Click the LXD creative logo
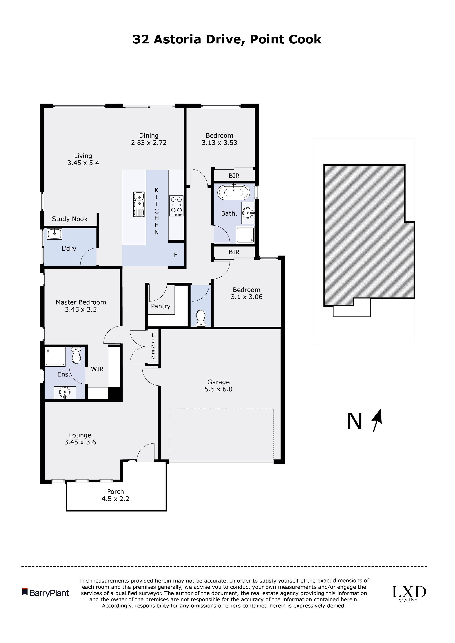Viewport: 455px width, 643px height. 409,593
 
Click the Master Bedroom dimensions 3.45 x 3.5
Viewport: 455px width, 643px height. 81,309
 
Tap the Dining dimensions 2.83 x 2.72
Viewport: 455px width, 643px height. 149,143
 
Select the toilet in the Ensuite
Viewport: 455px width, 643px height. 76,356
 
